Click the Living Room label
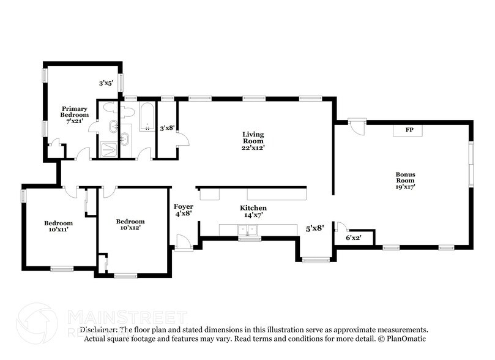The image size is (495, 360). click(253, 140)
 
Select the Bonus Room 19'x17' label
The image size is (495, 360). click(404, 181)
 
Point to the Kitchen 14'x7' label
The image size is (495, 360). click(253, 212)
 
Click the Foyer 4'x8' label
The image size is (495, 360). click(184, 210)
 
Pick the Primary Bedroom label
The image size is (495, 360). click(74, 114)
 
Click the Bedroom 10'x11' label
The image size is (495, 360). click(58, 227)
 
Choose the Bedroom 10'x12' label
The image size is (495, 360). click(130, 225)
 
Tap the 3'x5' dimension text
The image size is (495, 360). click(106, 83)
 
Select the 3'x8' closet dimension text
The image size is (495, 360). click(167, 129)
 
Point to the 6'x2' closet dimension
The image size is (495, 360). click(354, 238)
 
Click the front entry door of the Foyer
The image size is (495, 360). click(184, 242)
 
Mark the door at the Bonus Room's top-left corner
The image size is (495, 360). click(355, 127)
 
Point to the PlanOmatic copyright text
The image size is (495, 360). click(398, 339)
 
